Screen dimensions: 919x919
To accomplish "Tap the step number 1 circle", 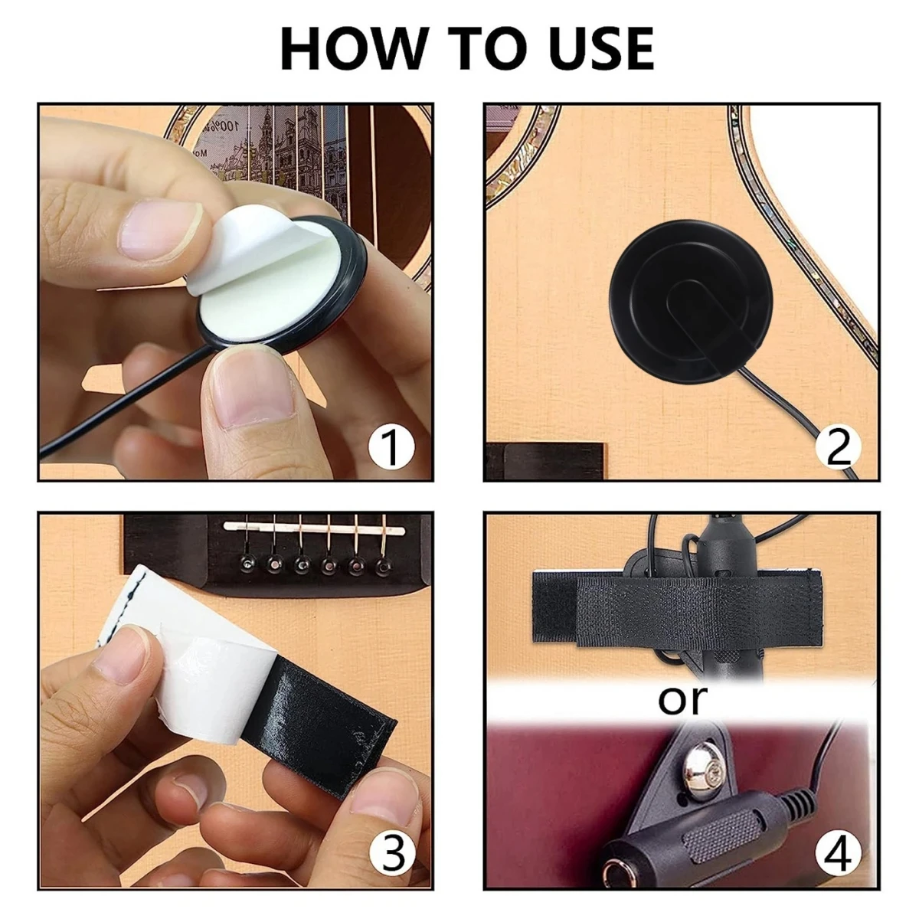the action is [391, 447].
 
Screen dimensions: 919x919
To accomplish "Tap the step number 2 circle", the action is [838, 447].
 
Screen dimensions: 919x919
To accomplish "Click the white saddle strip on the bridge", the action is [315, 528].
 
